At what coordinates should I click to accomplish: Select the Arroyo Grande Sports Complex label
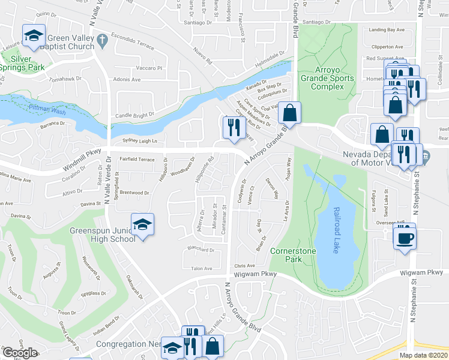tap(328, 78)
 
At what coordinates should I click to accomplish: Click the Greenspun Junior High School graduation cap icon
tap(142, 224)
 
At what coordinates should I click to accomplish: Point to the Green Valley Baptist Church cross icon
tap(102, 40)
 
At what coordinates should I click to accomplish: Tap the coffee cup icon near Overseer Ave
tap(404, 237)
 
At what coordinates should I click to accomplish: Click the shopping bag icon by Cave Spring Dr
tap(289, 112)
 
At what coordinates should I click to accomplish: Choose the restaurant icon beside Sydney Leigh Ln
tap(232, 127)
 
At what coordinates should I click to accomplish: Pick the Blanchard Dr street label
tap(201, 250)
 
